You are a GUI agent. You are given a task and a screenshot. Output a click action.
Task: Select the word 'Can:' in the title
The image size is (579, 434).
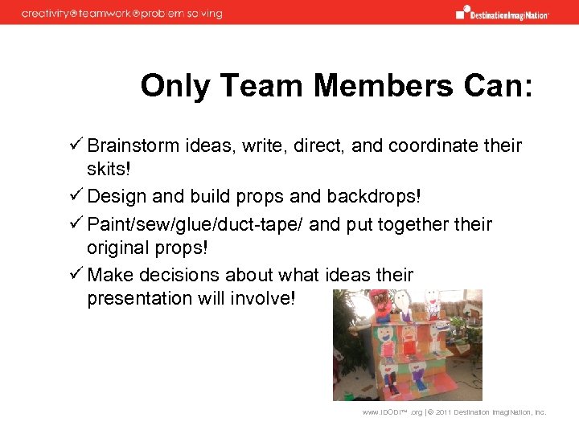498,85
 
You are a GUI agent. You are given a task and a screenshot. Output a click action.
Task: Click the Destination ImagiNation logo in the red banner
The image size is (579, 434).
502,13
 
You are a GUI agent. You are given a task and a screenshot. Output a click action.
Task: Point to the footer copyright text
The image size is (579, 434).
454,412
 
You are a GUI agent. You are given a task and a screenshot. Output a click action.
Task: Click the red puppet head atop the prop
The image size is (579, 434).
378,306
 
